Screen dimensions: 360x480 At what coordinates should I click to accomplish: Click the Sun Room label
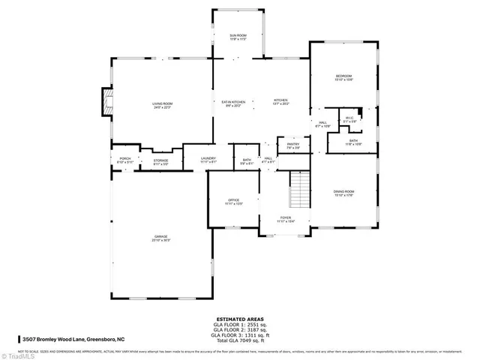(x=238, y=37)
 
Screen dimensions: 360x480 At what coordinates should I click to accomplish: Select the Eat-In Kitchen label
(x=232, y=103)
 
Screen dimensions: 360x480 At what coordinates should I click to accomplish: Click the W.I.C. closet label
(x=349, y=119)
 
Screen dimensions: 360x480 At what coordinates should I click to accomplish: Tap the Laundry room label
(x=208, y=160)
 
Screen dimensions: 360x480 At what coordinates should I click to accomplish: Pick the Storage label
(x=161, y=162)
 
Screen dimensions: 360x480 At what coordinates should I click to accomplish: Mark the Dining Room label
(x=343, y=193)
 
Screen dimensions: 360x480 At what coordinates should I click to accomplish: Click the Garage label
(x=161, y=238)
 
